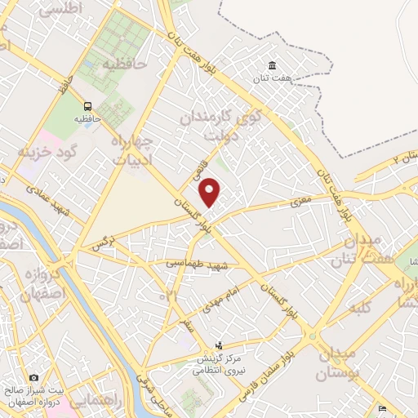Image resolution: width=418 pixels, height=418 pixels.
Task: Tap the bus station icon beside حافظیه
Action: click(x=87, y=105)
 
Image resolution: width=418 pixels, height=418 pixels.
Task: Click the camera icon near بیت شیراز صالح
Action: click(x=33, y=377)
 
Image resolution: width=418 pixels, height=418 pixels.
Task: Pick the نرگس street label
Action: click(x=102, y=243)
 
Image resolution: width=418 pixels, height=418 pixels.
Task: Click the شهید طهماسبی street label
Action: click(x=195, y=265)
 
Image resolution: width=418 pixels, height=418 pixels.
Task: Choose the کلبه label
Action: click(x=359, y=308)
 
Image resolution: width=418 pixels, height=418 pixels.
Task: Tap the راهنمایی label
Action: click(x=96, y=401)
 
